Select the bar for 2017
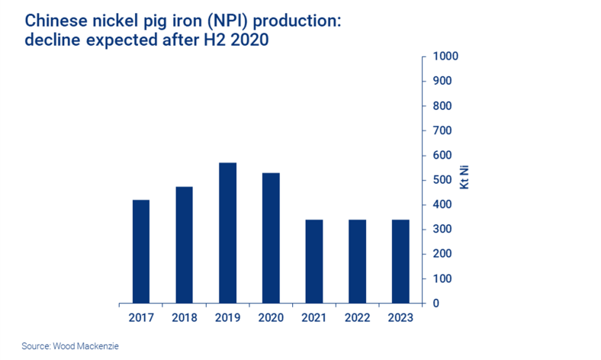141,252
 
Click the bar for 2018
184,245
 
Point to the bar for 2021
313,262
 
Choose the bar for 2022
357,262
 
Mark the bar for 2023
400,262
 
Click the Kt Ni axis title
463,180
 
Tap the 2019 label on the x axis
227,317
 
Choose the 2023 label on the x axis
400,317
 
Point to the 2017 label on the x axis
141,317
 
